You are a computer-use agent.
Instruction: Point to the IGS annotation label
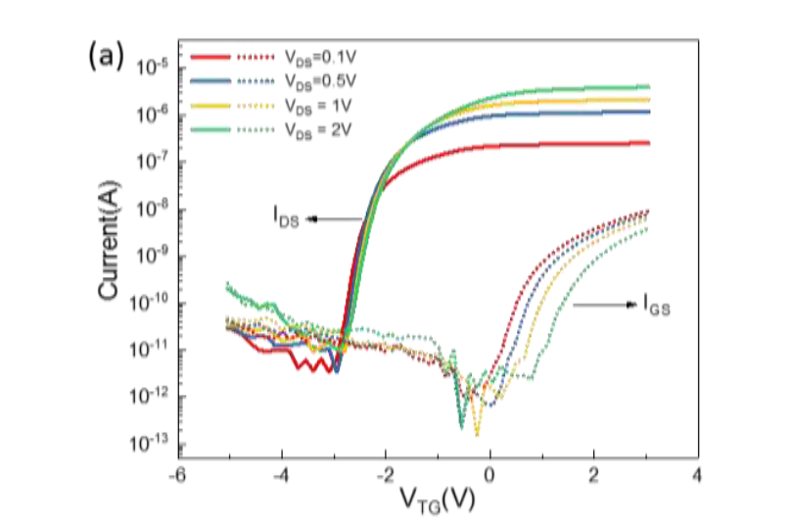pyautogui.click(x=658, y=309)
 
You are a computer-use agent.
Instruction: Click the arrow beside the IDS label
pyautogui.click(x=335, y=218)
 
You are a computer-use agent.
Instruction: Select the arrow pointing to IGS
pyautogui.click(x=604, y=306)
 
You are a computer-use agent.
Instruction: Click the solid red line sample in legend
pyautogui.click(x=209, y=59)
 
